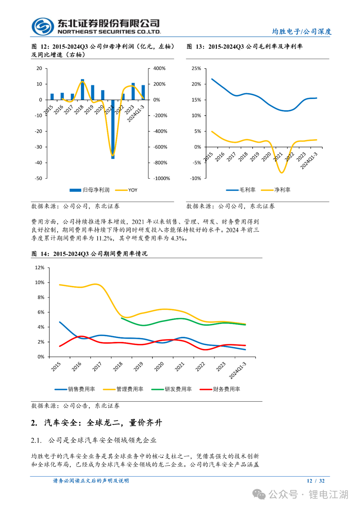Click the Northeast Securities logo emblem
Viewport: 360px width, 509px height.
click(43, 27)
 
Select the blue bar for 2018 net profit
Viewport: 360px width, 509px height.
click(83, 90)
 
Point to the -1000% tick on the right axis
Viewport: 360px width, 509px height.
click(162, 179)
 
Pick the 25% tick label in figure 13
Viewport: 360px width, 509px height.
click(196, 69)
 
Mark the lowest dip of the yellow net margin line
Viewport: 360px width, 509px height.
click(282, 173)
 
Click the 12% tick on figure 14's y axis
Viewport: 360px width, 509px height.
click(40, 268)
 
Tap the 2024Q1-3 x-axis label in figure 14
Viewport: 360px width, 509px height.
click(238, 370)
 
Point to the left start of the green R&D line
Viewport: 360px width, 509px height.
click(122, 318)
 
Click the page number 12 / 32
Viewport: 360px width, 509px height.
click(316, 481)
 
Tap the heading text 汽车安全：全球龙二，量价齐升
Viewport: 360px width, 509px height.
click(103, 423)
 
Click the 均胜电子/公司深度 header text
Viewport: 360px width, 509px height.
click(302, 32)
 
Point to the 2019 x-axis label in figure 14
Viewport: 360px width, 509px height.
click(138, 367)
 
